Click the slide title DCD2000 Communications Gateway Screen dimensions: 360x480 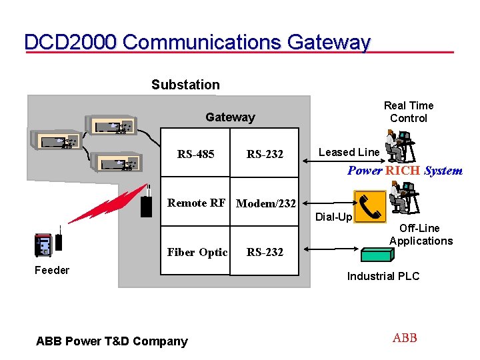[x=197, y=42]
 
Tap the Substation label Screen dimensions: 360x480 [x=185, y=85]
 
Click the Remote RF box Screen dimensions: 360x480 [x=196, y=203]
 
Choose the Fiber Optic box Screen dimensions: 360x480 [x=196, y=251]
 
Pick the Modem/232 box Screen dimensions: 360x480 [x=265, y=203]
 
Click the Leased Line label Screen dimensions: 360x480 [x=349, y=152]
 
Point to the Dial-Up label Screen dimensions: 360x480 [x=333, y=217]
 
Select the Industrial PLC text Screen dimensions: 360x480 [x=383, y=276]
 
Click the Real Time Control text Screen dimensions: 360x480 [x=408, y=111]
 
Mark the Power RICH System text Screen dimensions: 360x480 [x=405, y=171]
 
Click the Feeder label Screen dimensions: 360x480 [x=51, y=270]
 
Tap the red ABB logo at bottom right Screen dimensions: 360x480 [x=405, y=338]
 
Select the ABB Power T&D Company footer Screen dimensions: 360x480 [x=111, y=341]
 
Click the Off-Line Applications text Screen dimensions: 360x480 [x=421, y=235]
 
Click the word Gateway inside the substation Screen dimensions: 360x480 [x=230, y=117]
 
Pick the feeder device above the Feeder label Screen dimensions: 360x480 [x=43, y=245]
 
